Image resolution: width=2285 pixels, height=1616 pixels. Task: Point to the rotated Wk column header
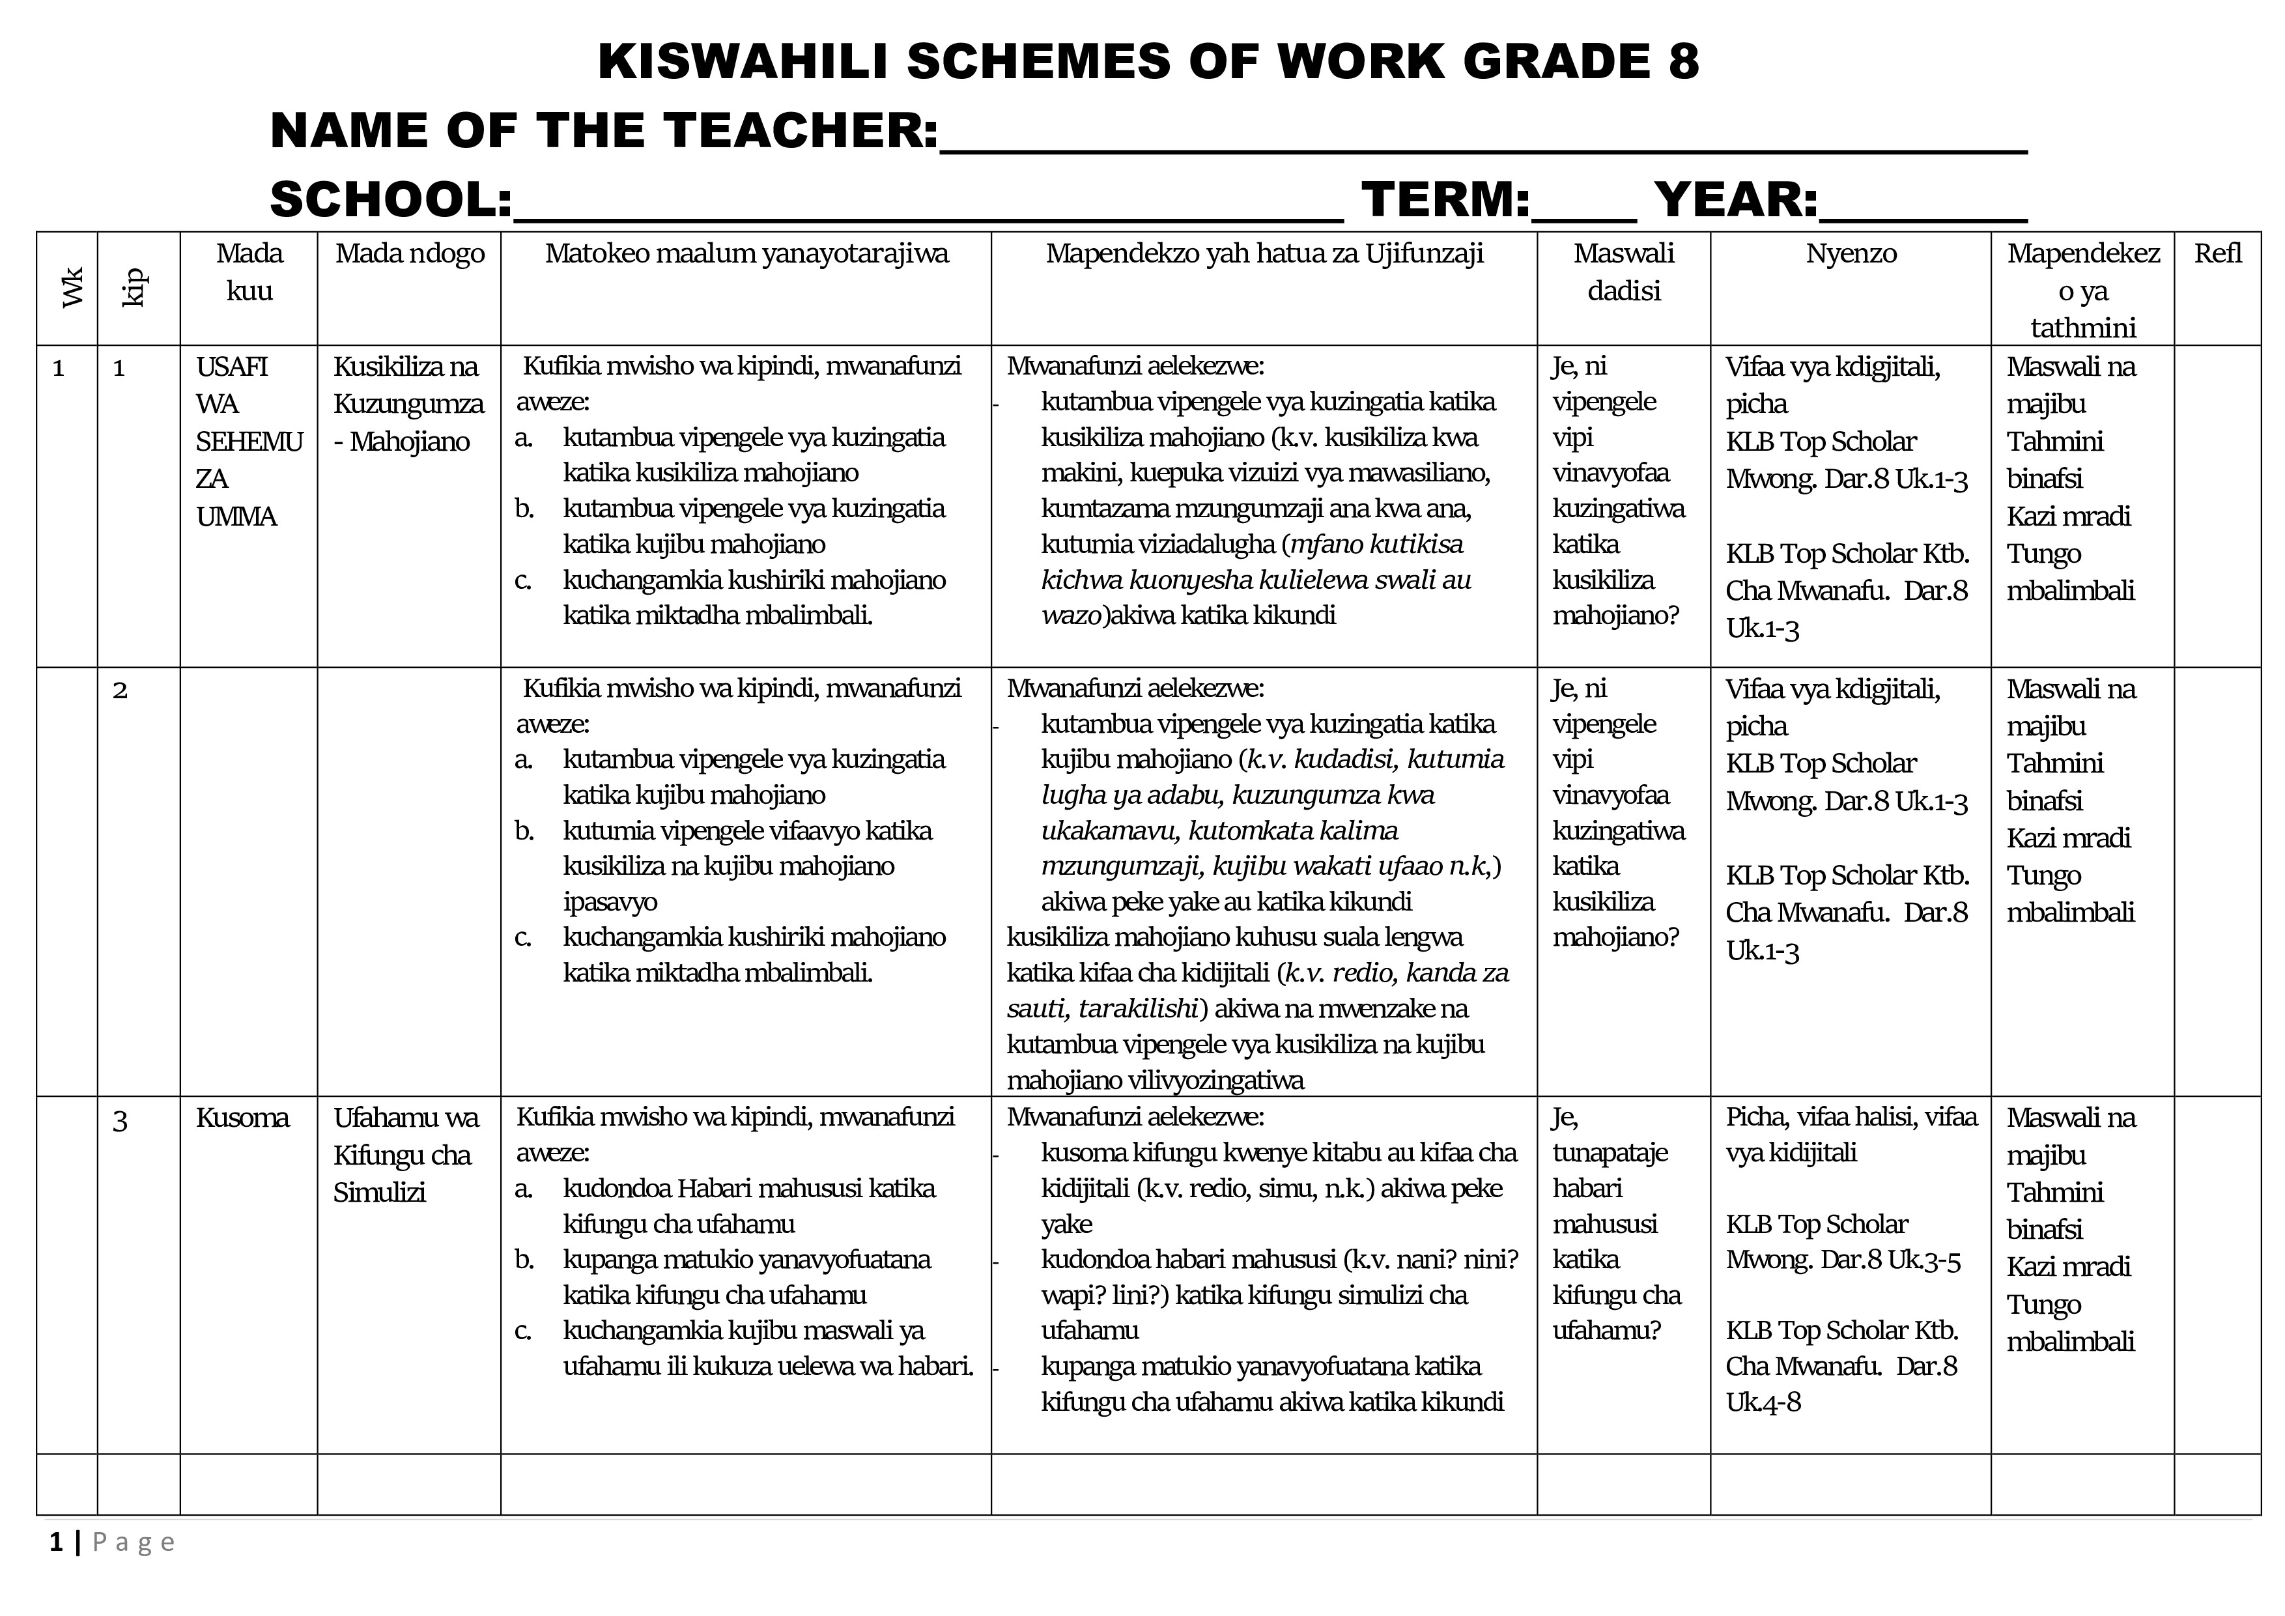tap(70, 288)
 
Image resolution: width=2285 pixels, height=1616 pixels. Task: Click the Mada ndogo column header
tap(409, 254)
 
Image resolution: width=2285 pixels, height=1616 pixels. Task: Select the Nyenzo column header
tap(1850, 254)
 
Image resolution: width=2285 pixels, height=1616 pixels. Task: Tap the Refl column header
tap(2217, 254)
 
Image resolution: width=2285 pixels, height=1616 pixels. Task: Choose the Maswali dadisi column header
tap(1623, 272)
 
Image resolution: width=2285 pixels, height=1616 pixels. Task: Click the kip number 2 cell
tap(121, 690)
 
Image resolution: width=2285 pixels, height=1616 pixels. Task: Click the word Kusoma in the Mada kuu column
tap(242, 1118)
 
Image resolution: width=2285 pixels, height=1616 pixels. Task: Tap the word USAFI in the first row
tap(232, 367)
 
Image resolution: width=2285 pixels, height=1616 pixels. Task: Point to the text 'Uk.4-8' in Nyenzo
tap(1763, 1403)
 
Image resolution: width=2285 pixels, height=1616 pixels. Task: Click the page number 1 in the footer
tap(57, 1543)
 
